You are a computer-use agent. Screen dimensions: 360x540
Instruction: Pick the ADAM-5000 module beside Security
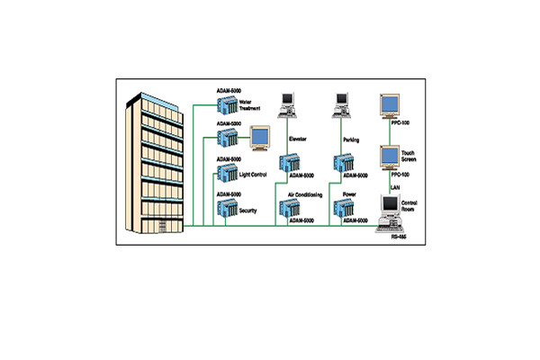tap(226, 211)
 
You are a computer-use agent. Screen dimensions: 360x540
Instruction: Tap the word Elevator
tap(299, 139)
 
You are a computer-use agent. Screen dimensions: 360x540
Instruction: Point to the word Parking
tap(352, 139)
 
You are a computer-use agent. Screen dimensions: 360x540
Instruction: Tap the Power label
tap(350, 193)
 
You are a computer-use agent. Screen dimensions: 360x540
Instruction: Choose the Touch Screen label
tap(408, 157)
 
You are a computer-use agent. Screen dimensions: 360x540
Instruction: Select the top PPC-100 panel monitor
tap(390, 106)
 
